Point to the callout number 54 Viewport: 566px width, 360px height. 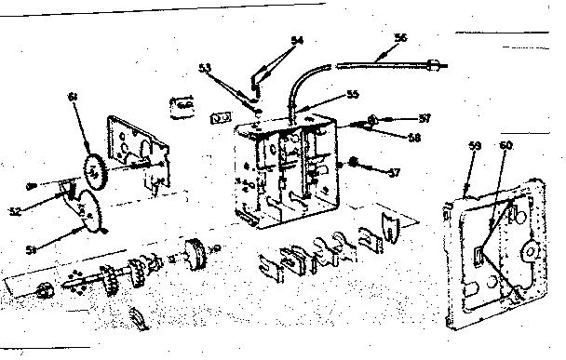pos(297,40)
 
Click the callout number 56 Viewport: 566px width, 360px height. pos(401,37)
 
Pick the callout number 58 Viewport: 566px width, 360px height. pos(414,136)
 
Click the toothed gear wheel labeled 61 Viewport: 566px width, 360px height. pos(94,170)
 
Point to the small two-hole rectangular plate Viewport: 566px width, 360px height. pos(221,118)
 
